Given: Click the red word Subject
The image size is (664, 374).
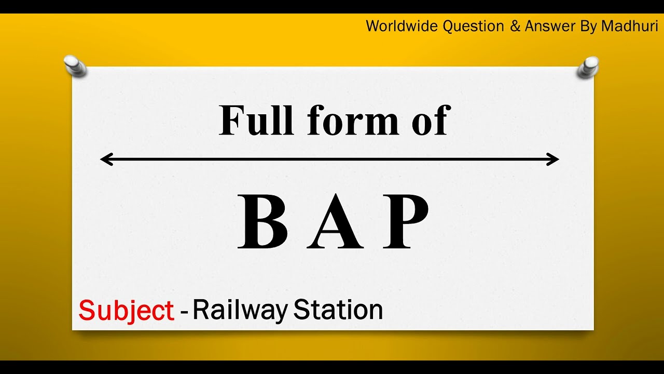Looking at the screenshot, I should click(x=126, y=311).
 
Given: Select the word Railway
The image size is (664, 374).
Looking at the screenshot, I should click(x=240, y=310).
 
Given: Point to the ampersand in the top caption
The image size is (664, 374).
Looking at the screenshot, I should click(x=515, y=26).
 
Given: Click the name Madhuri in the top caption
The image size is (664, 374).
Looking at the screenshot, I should click(x=630, y=26).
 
